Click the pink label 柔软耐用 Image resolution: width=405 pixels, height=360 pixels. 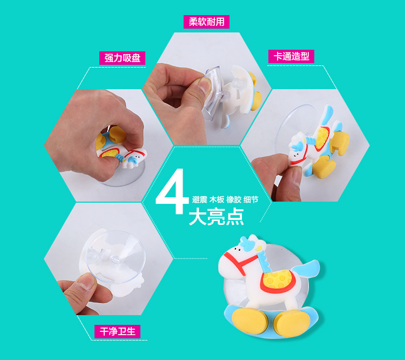click(206, 21)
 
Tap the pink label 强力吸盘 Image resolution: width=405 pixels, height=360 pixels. click(123, 57)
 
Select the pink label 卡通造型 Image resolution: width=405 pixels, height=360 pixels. click(291, 56)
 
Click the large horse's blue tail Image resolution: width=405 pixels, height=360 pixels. click(307, 269)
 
